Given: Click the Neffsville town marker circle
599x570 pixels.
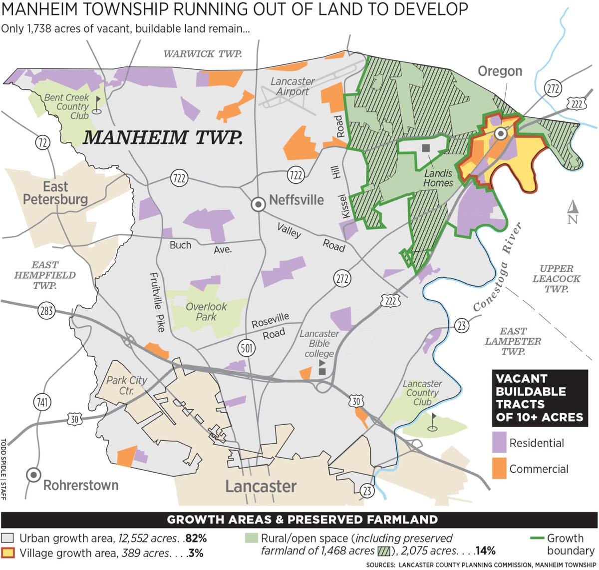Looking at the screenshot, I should (x=258, y=204).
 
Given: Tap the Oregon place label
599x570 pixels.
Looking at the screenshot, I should (x=500, y=71).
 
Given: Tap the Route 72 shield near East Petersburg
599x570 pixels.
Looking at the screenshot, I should (x=43, y=143).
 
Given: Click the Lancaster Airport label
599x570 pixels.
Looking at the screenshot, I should (x=293, y=86).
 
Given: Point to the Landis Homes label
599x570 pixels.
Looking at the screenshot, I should (x=438, y=178).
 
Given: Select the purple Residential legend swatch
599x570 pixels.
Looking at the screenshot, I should (x=499, y=443).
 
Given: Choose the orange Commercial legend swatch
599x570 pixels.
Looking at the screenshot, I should (x=499, y=469).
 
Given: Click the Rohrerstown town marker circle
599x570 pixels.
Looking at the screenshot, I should (x=33, y=475).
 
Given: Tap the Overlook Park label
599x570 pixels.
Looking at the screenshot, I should (x=206, y=311).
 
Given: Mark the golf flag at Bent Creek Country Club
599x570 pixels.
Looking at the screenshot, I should (x=97, y=105).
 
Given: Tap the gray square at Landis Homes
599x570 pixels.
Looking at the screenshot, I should (x=426, y=148).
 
